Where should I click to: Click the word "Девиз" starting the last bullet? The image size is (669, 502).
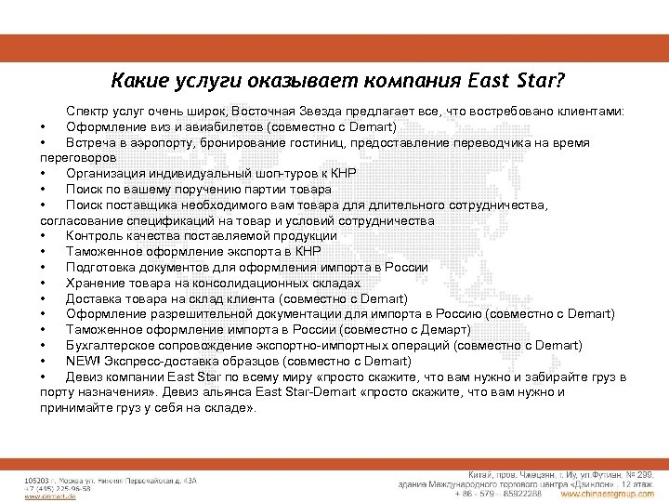[x=85, y=376]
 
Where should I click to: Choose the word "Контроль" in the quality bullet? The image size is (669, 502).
[x=95, y=235]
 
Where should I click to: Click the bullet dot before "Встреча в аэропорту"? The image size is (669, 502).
[x=43, y=142]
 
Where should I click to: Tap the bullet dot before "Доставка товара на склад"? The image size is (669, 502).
[x=43, y=298]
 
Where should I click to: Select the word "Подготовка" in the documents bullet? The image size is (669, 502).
[x=102, y=267]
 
